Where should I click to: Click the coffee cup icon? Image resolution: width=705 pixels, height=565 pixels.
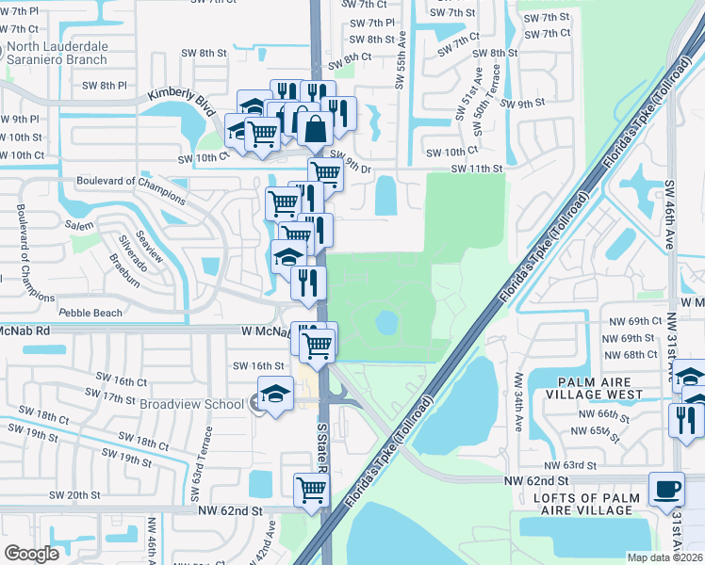coord(667,490)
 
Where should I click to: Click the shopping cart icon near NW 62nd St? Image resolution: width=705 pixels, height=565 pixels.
coord(311,490)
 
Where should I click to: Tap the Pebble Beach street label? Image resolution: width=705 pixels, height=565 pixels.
coord(90,313)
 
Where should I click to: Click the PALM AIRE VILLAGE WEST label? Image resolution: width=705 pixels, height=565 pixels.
coord(599,387)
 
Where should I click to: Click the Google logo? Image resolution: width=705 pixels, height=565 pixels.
coord(31,553)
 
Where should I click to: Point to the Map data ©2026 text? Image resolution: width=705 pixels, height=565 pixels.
coord(664,557)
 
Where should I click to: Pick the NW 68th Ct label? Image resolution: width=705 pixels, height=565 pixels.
coord(631,355)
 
